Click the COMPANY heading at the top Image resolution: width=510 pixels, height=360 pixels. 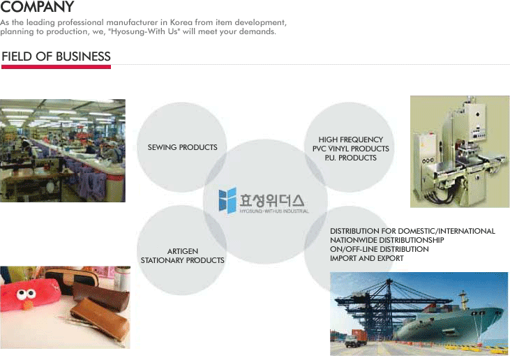[x=37, y=6]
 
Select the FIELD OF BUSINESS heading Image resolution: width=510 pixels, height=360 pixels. [x=56, y=57]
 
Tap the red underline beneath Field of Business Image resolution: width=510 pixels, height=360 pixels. [x=56, y=67]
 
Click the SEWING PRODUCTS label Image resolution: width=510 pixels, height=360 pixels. [x=183, y=147]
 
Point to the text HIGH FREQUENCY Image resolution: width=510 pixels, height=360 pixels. [x=351, y=140]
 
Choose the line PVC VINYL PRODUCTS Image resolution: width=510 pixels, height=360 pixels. [x=351, y=149]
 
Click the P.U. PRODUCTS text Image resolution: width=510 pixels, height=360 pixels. [x=351, y=158]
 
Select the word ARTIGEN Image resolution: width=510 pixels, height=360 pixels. [x=183, y=251]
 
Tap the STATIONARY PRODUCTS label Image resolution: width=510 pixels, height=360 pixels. [x=183, y=260]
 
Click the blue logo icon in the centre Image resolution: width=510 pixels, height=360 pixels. [x=227, y=200]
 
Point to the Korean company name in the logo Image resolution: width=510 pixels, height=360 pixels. [x=272, y=200]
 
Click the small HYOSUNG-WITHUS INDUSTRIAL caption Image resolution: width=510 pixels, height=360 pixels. [x=274, y=211]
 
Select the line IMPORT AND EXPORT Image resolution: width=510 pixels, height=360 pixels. [x=366, y=258]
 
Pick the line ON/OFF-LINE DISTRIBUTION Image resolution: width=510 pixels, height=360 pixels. [x=380, y=249]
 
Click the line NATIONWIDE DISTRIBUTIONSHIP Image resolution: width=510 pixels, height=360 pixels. [x=387, y=240]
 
